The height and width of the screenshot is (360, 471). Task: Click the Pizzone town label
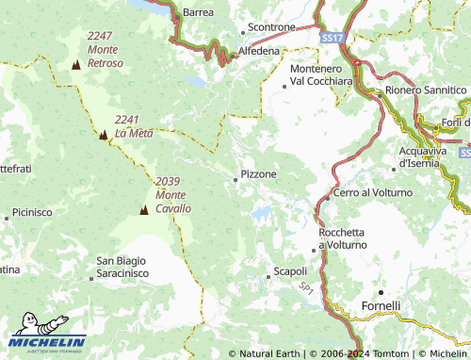tap(259, 174)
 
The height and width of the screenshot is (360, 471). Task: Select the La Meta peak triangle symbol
tap(103, 135)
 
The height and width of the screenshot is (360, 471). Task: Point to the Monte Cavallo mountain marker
tap(144, 209)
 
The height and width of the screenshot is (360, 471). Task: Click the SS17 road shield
tap(331, 38)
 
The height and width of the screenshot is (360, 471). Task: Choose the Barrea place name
tap(198, 12)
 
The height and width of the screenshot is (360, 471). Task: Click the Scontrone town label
tap(270, 27)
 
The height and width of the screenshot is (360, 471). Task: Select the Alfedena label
tap(259, 50)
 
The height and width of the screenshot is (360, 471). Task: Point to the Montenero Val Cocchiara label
tap(322, 75)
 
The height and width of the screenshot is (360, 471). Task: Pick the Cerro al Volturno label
tap(374, 192)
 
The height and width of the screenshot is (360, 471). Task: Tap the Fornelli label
tap(382, 306)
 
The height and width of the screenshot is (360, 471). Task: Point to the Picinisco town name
tap(33, 213)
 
